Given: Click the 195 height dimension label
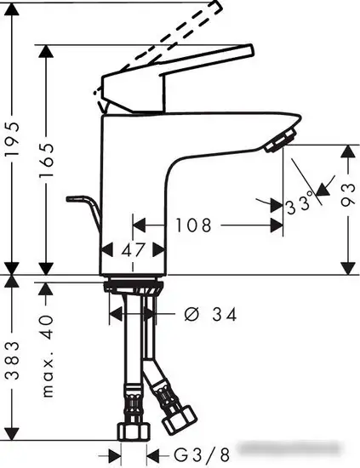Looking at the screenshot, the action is [x=13, y=138].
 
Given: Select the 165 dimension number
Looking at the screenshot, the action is [x=46, y=160].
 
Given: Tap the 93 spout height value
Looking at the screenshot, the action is [x=348, y=195].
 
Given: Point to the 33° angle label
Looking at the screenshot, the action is [x=300, y=204].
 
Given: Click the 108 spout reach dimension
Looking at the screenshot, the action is [x=193, y=225].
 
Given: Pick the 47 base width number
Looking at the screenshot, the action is [x=133, y=249].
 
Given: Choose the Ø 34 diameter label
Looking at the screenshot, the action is [x=211, y=314].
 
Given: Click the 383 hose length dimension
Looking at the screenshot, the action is [x=13, y=361].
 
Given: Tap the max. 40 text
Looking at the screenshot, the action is [x=47, y=356].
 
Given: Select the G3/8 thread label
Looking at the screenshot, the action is [x=202, y=455].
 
